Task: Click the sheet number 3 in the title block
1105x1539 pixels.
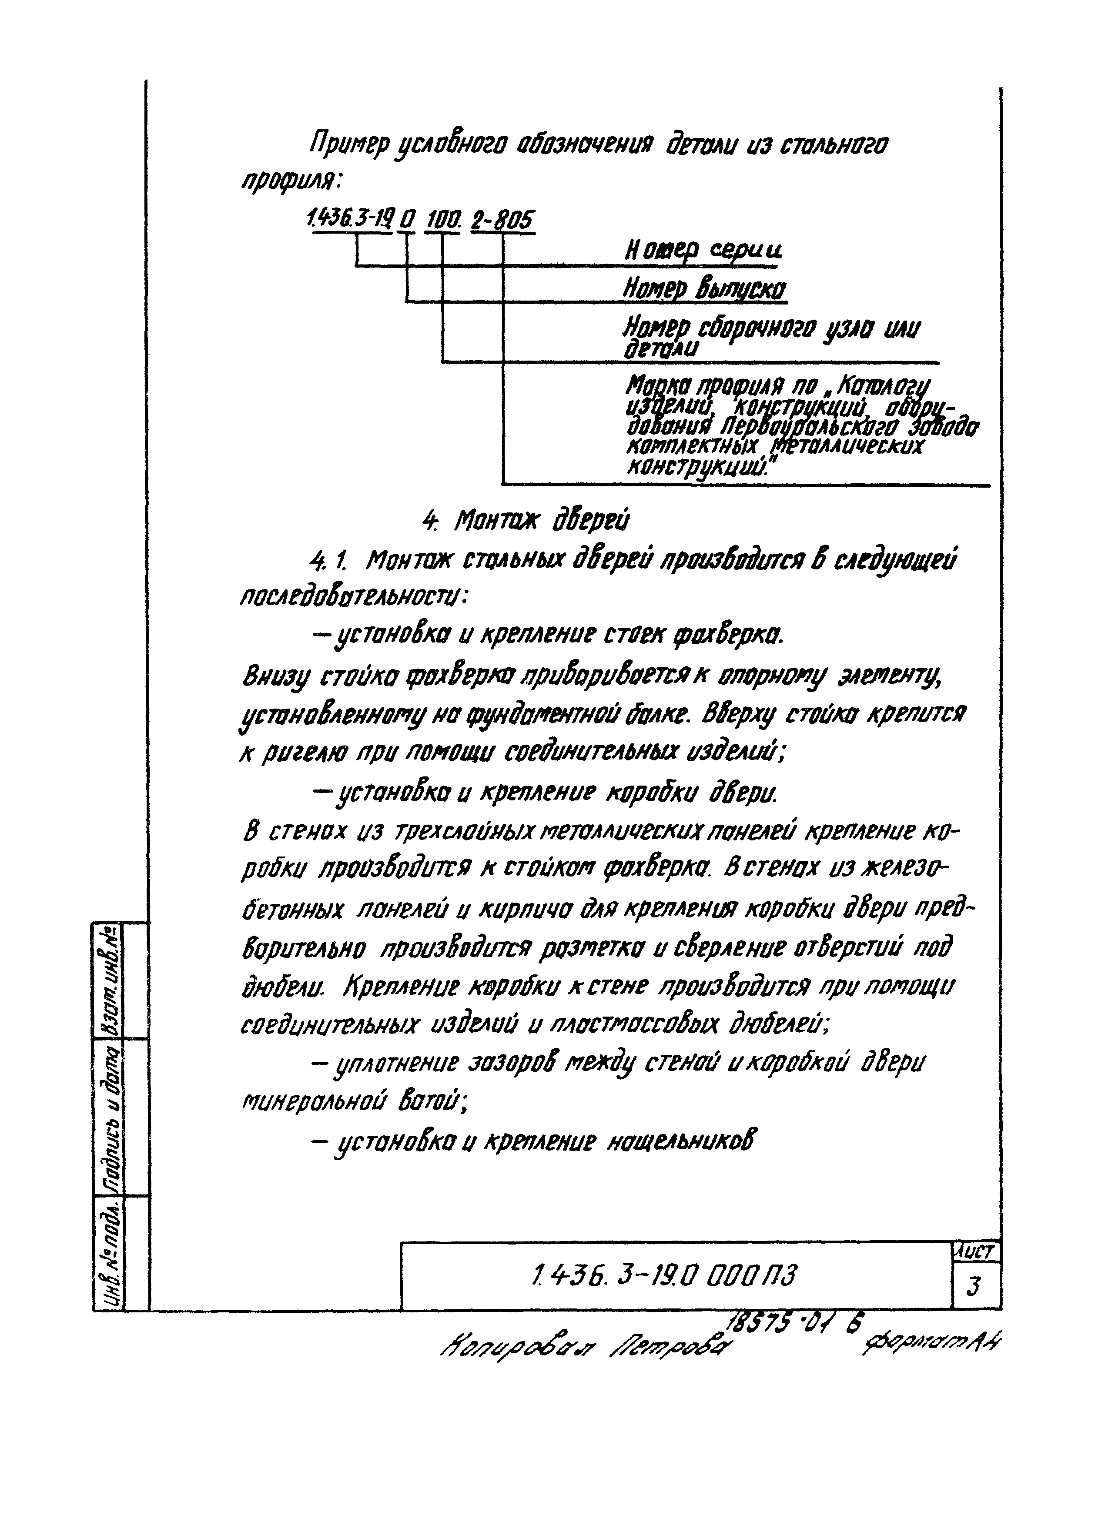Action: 974,1285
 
